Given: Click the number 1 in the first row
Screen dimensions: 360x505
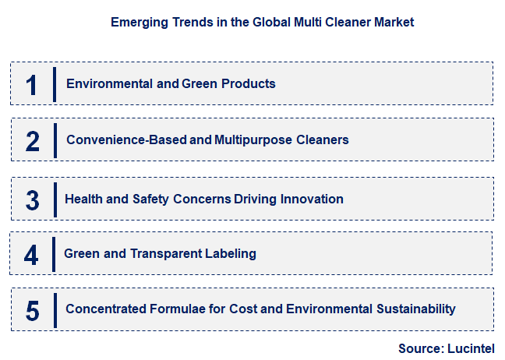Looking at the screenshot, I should click(x=32, y=84).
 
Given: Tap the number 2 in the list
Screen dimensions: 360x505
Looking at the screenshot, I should click(x=32, y=141).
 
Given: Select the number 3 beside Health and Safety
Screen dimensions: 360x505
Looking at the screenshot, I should click(x=32, y=200).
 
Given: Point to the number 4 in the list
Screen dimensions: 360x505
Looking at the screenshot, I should click(x=31, y=255).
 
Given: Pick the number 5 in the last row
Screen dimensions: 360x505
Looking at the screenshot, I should click(x=32, y=311).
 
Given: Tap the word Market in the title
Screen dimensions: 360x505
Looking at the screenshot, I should click(x=393, y=23).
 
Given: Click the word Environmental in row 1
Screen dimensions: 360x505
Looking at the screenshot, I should click(x=110, y=83).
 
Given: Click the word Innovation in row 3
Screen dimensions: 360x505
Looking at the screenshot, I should click(x=313, y=199).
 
